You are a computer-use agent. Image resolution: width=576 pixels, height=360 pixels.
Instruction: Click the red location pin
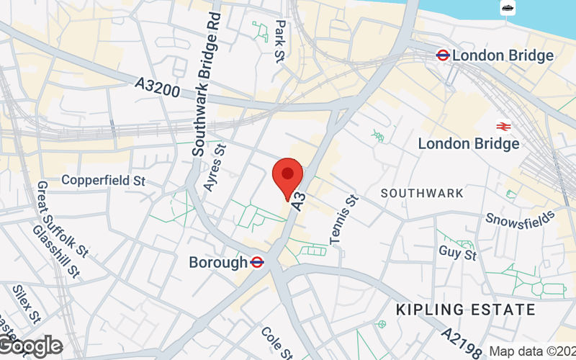[x=288, y=176]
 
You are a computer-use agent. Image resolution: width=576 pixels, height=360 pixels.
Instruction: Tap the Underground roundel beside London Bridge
[x=443, y=55]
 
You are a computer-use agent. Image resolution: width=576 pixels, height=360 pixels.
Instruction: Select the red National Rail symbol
[x=504, y=125]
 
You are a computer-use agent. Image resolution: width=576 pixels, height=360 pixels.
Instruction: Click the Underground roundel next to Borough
[x=256, y=263]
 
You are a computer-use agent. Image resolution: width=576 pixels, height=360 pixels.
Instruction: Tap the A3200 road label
[x=157, y=89]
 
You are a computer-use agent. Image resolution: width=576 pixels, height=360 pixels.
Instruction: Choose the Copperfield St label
[x=104, y=180]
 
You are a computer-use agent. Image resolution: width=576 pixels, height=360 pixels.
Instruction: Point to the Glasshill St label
[x=56, y=251]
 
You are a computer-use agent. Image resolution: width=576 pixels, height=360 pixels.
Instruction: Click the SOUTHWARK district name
[x=422, y=194]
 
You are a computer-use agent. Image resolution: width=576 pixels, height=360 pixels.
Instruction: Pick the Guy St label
[x=458, y=253]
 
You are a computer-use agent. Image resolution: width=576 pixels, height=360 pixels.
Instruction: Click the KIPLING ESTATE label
[x=466, y=310]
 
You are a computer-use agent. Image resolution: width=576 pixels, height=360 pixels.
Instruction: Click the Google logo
[x=30, y=346]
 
